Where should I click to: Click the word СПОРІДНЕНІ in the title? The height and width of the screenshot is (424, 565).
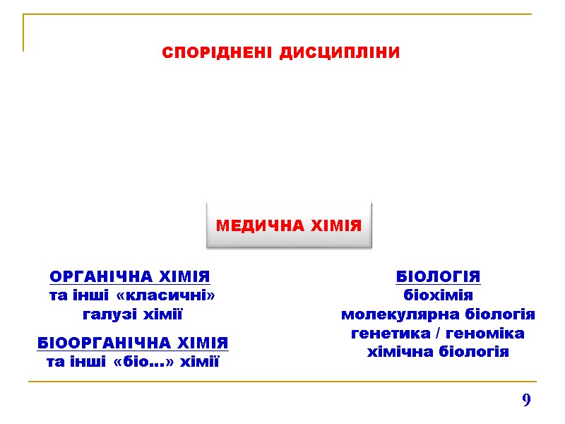(218, 53)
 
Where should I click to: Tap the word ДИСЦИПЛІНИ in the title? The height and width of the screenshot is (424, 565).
(340, 53)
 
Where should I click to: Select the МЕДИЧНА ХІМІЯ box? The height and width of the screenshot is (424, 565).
(288, 226)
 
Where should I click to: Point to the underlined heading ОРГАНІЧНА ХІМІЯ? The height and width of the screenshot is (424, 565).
(131, 276)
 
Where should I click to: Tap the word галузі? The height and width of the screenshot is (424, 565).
(109, 314)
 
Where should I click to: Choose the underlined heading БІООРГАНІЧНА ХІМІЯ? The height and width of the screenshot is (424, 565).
(133, 343)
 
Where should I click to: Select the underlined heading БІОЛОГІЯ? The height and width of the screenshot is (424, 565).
(438, 276)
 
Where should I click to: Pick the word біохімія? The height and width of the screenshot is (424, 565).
(438, 295)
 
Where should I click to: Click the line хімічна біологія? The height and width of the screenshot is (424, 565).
(438, 352)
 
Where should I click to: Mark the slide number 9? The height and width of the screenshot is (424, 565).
(526, 401)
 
